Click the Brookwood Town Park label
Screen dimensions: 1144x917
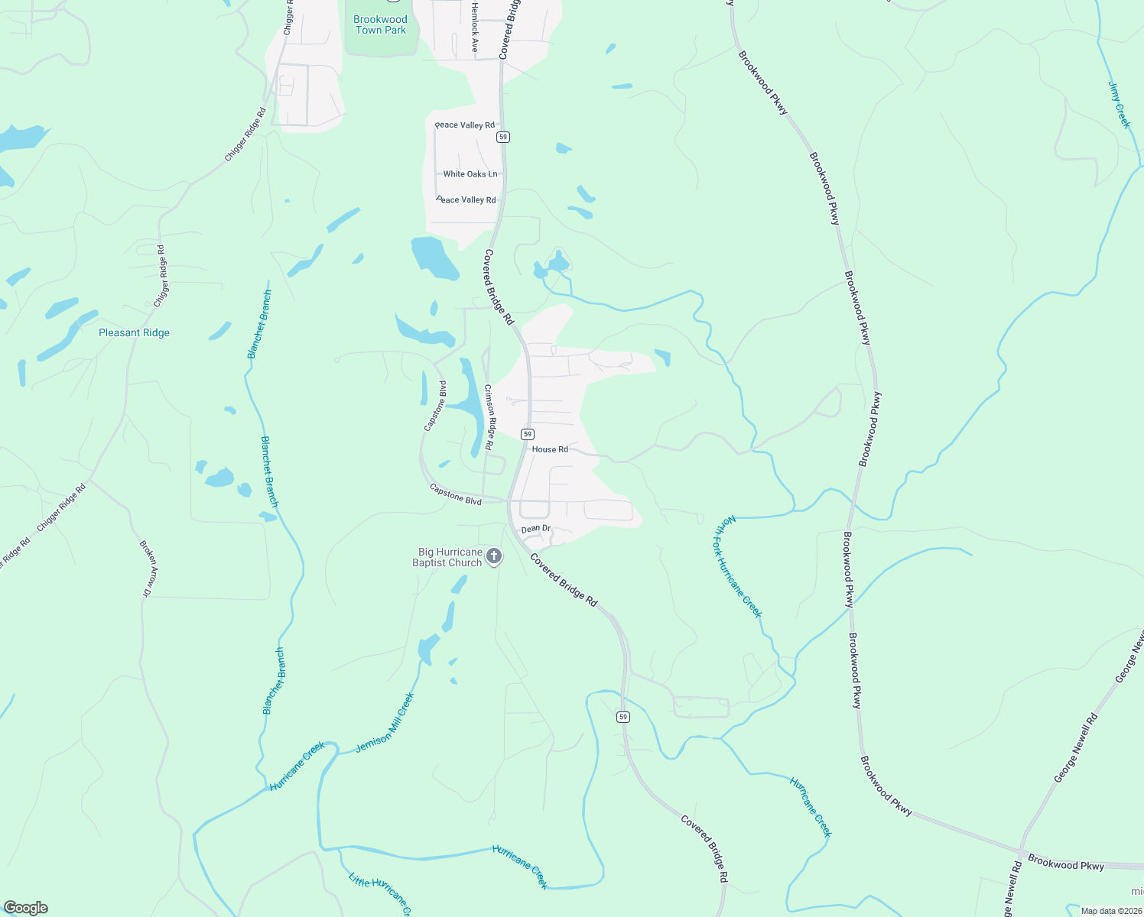pos(380,24)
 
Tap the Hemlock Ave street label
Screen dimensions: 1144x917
pos(474,27)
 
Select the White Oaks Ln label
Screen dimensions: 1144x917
pos(470,174)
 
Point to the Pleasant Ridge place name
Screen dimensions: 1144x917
pos(134,332)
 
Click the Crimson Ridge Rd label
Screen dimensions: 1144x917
pos(490,417)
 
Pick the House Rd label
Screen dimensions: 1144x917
pos(550,449)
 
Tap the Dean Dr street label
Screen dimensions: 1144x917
pos(535,529)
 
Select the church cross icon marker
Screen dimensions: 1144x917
pos(494,556)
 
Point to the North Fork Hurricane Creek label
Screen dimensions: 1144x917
pos(739,566)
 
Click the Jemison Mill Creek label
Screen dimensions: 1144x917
pos(385,723)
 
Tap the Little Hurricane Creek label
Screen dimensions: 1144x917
pos(379,893)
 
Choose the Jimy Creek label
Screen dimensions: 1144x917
pos(1120,105)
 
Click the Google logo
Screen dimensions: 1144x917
pos(25,908)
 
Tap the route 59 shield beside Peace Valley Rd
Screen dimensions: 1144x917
pos(502,137)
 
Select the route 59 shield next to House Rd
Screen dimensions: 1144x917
pos(528,434)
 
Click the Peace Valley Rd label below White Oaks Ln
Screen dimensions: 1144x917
pos(466,200)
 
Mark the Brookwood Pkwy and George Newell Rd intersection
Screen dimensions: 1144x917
pos(1022,851)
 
